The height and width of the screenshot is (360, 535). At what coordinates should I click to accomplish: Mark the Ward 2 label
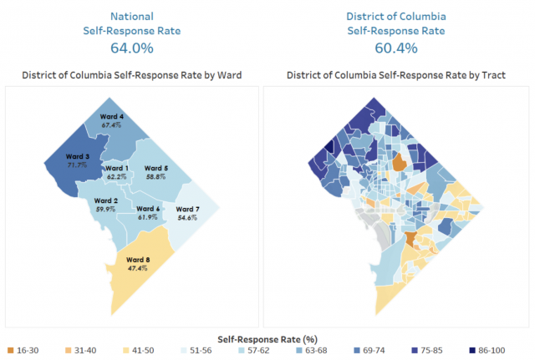[x=106, y=200]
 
